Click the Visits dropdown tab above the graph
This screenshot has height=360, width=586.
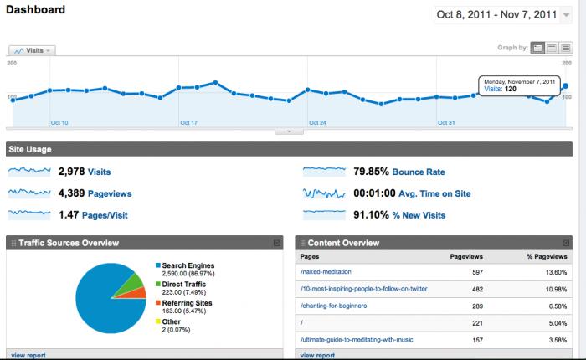click(32, 50)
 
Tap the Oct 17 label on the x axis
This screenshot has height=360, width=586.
click(188, 123)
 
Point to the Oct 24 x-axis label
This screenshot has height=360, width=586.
click(317, 123)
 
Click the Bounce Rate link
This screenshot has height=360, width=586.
click(418, 172)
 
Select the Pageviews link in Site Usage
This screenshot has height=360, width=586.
click(109, 193)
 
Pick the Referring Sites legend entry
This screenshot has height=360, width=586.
click(188, 302)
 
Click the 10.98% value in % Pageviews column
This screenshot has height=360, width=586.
click(555, 289)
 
